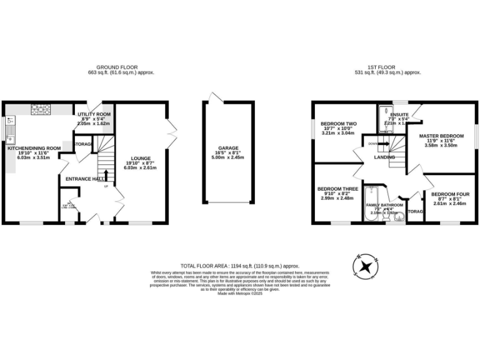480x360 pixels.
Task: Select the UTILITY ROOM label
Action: coord(94,115)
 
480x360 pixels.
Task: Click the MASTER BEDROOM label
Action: coord(441,136)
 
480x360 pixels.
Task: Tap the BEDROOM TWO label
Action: coord(337,124)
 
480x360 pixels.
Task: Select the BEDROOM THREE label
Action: coord(337,189)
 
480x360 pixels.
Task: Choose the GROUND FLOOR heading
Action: coord(117,67)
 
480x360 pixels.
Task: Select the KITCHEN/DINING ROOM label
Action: coord(34,148)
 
